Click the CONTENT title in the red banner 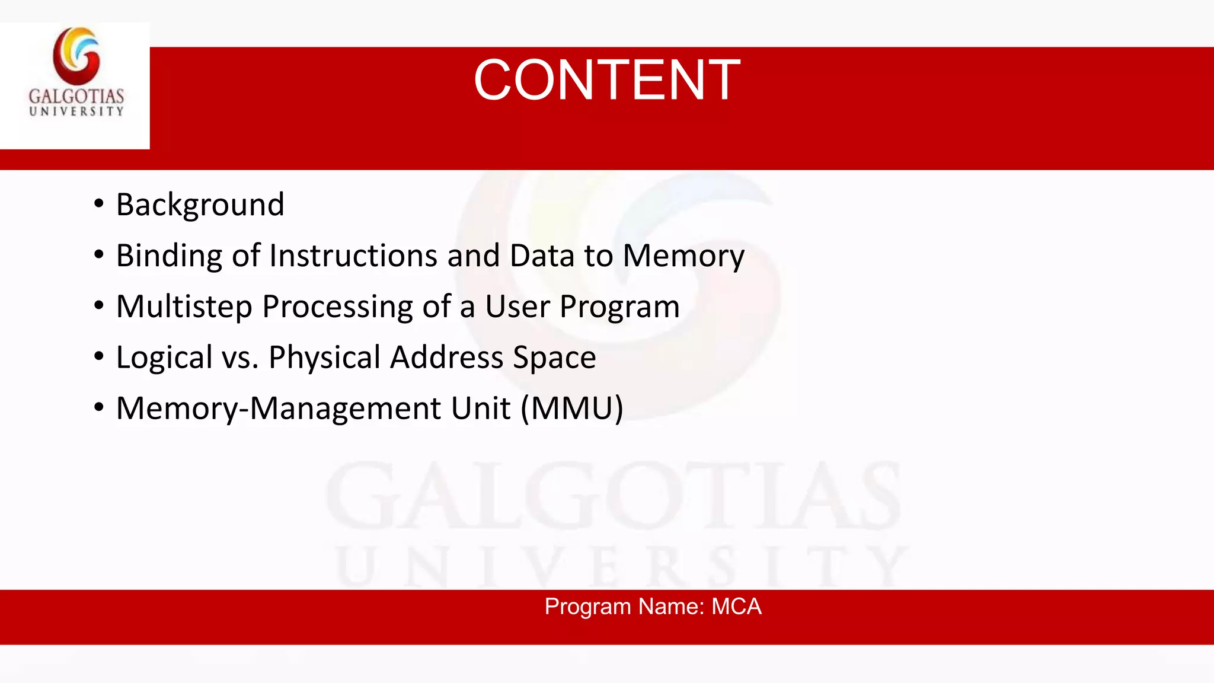606,80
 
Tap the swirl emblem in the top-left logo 76,56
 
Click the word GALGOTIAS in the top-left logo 76,96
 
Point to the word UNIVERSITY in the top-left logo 76,111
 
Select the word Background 200,205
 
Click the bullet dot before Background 99,204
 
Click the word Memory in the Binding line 683,256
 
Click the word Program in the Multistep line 619,307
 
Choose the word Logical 164,358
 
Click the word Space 554,358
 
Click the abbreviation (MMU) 572,408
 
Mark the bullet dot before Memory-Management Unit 99,408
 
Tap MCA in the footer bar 736,607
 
